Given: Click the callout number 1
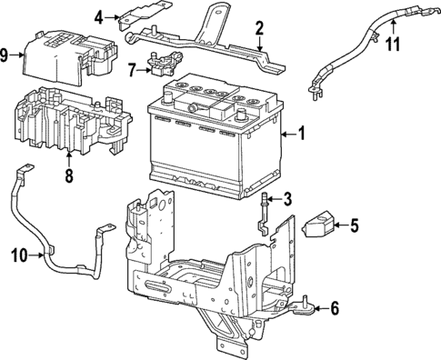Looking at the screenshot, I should (303, 135).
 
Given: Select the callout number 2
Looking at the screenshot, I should (259, 27).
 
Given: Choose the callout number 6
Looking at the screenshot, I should (334, 308).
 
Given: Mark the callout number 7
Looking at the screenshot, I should (133, 68).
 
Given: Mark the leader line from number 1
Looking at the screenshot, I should (289, 135).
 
